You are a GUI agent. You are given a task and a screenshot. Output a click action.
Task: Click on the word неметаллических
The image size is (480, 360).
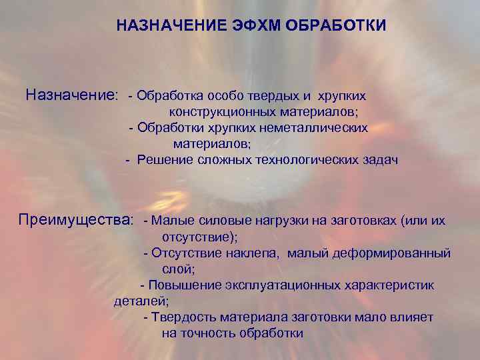[319, 127]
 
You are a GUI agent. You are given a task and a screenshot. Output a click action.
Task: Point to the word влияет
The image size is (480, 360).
[415, 317]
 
